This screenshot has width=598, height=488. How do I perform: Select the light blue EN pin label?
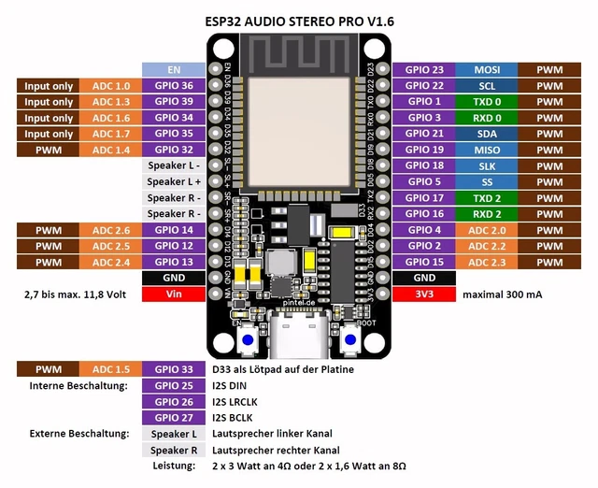pos(172,69)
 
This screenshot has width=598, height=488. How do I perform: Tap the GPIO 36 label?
pos(172,86)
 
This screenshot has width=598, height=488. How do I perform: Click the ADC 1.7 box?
pos(110,134)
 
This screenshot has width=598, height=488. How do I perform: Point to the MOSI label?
pos(487,69)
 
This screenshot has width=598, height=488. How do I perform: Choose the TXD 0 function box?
pos(487,102)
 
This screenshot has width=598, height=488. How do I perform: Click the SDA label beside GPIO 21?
pos(487,134)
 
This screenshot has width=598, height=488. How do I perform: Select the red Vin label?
pos(172,294)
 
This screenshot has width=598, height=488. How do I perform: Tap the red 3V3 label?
pos(424,294)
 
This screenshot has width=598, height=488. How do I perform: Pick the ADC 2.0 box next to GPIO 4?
pos(487,230)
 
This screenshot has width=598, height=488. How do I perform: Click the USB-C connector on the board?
pos(300,338)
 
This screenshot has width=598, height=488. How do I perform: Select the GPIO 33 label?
pos(172,369)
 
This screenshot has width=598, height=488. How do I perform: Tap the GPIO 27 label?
pos(172,417)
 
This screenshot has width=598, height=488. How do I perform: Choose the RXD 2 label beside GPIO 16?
pos(487,214)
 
